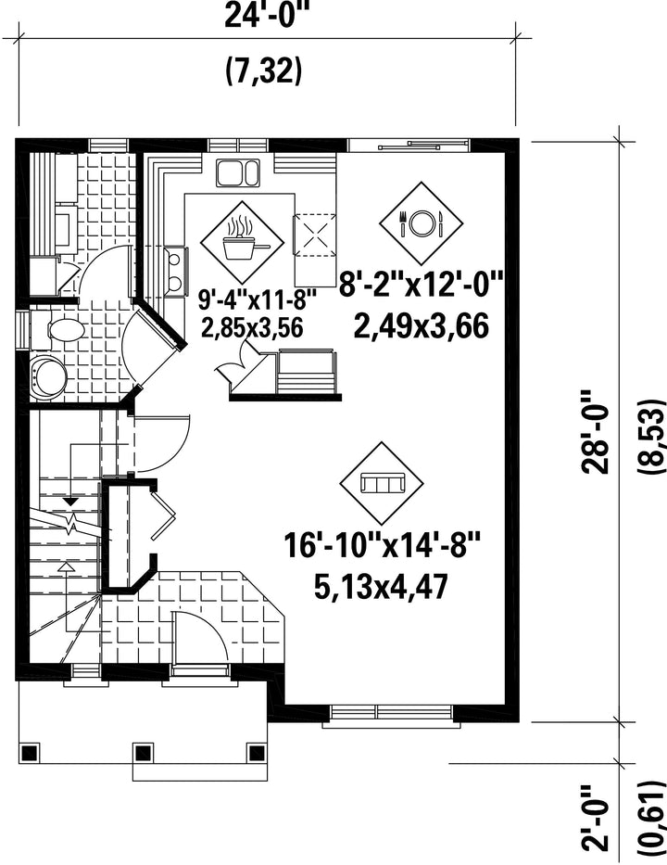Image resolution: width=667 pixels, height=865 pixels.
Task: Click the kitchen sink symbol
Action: click(x=238, y=172)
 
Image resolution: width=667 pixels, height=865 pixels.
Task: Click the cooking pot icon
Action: click(x=242, y=242)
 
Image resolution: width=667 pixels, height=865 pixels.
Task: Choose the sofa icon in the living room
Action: click(x=383, y=483)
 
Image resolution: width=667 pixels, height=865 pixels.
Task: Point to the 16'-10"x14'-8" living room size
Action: click(x=383, y=545)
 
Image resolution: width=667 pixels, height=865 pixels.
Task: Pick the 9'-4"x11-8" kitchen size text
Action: click(x=258, y=301)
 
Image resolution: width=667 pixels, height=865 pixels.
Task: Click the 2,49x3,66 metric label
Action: click(x=422, y=325)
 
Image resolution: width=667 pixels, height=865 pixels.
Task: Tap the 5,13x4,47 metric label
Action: click(x=381, y=587)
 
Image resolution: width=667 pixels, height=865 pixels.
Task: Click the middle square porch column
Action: click(x=143, y=753)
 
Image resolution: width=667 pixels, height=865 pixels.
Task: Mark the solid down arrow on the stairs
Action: click(x=70, y=502)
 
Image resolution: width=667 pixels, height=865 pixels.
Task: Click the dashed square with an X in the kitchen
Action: click(x=315, y=235)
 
